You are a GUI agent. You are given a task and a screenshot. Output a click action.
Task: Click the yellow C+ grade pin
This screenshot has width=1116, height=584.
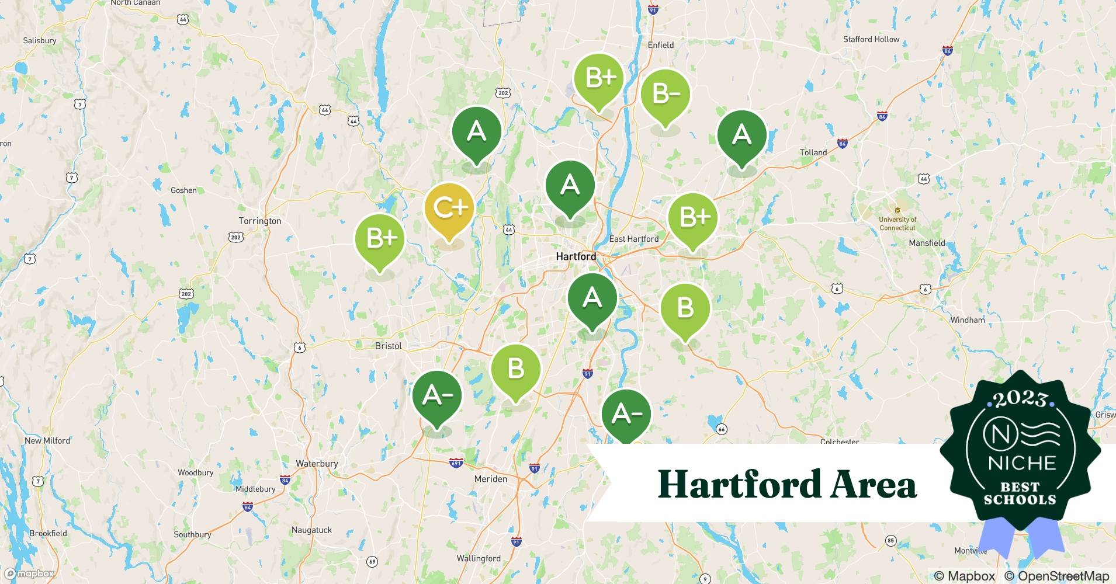(449, 209)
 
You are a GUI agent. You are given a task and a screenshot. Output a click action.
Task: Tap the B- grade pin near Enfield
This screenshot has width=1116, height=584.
(664, 95)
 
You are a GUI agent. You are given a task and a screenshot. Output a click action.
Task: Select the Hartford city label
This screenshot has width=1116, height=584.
(576, 256)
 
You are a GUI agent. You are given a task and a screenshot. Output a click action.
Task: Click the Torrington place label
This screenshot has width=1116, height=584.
(260, 221)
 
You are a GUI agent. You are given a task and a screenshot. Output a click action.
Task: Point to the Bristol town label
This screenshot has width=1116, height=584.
(389, 346)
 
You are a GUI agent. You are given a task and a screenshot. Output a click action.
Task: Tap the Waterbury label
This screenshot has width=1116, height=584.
(317, 463)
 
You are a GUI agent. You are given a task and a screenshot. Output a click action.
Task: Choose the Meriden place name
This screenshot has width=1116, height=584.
(491, 478)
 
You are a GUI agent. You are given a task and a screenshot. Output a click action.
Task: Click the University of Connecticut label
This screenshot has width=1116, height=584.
(897, 224)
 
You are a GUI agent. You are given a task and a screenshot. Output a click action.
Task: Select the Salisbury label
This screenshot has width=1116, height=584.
(40, 40)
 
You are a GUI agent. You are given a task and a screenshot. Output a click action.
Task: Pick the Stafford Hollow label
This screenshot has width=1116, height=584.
(871, 39)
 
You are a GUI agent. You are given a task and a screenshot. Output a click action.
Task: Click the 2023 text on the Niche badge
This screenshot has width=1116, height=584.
(1020, 399)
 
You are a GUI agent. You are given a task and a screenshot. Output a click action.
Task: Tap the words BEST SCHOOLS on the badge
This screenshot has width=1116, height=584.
(1020, 493)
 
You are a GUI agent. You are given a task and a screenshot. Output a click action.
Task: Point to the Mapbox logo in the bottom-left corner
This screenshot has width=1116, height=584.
(30, 573)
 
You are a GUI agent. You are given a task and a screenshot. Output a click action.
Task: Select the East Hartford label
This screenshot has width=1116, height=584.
(633, 239)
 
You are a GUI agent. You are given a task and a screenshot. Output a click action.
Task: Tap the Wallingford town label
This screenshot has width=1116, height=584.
(479, 558)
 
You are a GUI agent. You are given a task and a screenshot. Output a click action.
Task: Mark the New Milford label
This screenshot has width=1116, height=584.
(47, 440)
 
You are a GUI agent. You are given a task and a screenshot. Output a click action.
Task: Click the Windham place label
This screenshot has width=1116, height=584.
(967, 319)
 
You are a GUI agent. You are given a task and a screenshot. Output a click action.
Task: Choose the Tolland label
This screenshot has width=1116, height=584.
(813, 152)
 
